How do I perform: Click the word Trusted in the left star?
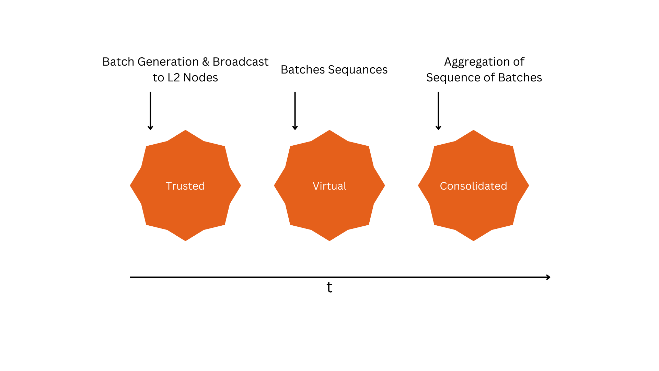185,186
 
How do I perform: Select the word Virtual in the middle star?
329,186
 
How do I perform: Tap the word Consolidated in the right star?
473,186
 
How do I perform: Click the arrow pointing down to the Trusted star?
150,111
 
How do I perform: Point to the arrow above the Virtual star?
295,111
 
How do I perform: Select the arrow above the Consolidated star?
438,111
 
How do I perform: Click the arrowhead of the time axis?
548,277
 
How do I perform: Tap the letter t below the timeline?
329,287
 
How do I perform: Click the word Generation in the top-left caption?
168,62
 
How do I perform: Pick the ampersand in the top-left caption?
206,62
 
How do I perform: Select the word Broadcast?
241,62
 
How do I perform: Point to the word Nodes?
200,78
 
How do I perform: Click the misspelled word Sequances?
358,70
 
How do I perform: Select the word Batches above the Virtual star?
303,70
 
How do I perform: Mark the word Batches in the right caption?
520,78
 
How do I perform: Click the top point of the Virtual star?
329,130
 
